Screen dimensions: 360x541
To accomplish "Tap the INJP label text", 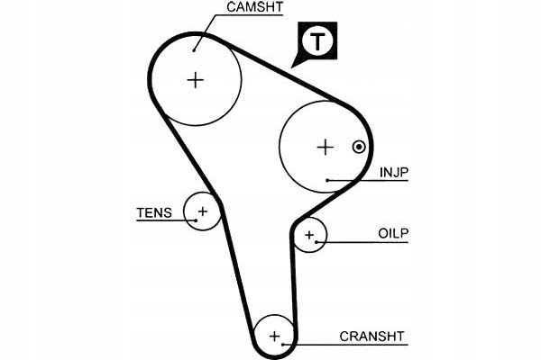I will point(393,171).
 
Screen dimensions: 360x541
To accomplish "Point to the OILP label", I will point(393,233).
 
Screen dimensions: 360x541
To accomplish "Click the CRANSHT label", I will point(372,337).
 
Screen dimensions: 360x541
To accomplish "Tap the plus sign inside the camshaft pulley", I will point(195,79).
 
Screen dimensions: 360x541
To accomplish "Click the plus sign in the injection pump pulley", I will point(325,147).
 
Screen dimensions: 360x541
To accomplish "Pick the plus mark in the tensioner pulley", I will point(202,211).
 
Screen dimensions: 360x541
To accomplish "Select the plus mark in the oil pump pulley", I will point(309,236).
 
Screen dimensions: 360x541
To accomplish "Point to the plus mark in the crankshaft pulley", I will point(275,337).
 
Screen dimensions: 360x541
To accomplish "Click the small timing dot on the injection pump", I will point(359,147).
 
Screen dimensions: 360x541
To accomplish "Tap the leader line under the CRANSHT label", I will point(352,345).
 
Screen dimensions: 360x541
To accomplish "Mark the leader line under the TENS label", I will point(162,221).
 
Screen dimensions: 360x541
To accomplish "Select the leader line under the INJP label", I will point(370,181).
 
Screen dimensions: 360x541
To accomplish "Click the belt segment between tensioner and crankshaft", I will point(236,270).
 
